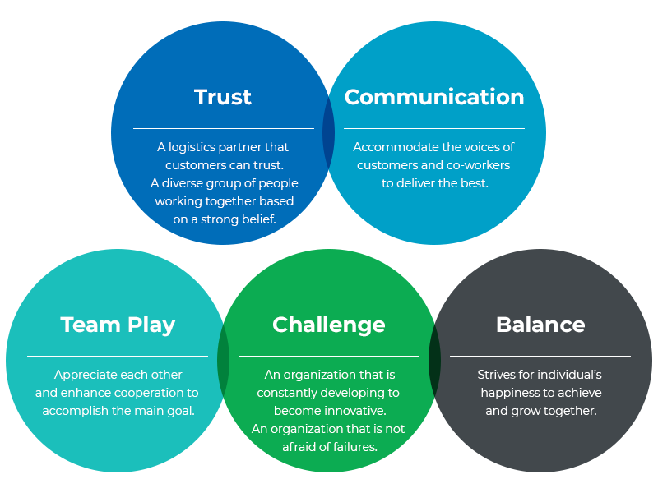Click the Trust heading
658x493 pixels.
[x=223, y=97]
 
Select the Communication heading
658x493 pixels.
[x=434, y=97]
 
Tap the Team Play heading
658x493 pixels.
[x=118, y=325]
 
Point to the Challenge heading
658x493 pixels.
[x=328, y=325]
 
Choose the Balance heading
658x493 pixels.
[x=540, y=325]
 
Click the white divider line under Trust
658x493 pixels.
[x=224, y=128]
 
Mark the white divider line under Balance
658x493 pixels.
[x=540, y=356]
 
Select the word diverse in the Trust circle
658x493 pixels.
[x=181, y=183]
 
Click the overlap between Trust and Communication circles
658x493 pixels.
[x=328, y=133]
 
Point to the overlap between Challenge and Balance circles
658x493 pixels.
[x=435, y=361]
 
